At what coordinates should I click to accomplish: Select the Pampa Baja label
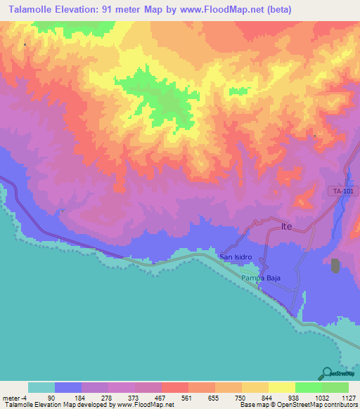coord(262,278)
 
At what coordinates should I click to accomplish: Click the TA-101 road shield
coord(341,191)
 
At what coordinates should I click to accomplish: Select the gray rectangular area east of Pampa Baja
coord(335,266)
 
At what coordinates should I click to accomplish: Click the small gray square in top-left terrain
coord(25,45)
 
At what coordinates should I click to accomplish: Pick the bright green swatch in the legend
coord(308,387)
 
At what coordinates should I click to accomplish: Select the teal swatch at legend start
coord(41,387)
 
